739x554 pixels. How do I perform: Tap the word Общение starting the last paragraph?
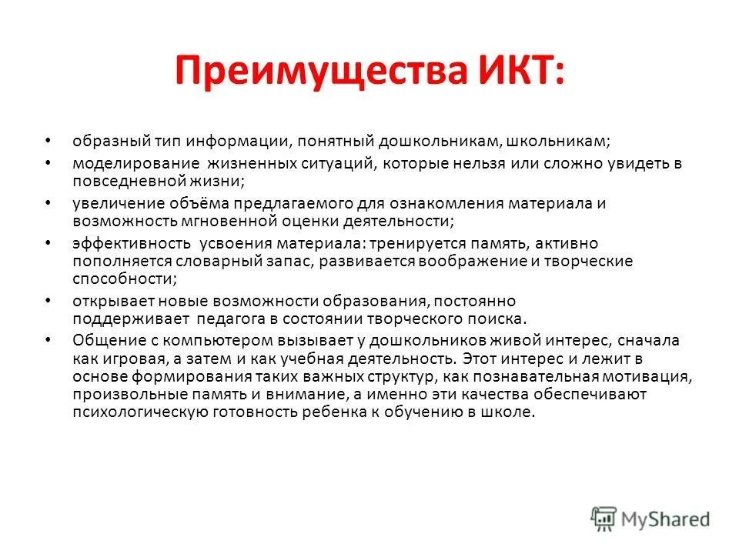point(102,340)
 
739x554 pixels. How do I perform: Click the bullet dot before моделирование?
point(48,164)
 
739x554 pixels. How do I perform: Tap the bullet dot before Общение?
point(48,339)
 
